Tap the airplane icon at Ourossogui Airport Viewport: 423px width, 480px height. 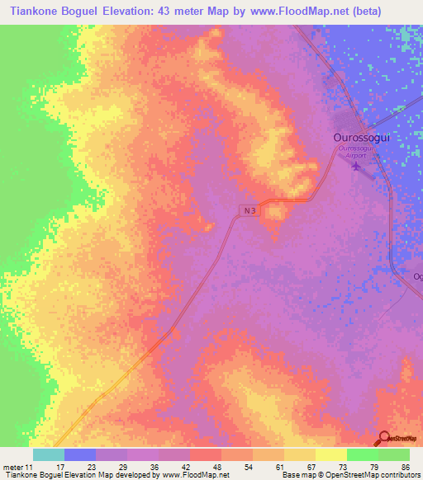[357, 167]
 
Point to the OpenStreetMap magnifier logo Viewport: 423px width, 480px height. [385, 439]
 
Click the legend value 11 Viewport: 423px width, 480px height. [30, 467]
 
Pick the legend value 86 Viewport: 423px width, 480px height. [405, 467]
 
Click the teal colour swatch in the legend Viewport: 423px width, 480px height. [48, 454]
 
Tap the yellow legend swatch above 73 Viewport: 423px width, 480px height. [330, 454]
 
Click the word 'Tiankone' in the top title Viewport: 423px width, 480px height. [30, 12]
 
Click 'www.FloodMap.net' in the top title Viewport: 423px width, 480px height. [315, 12]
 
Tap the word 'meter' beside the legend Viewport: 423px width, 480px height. [12, 467]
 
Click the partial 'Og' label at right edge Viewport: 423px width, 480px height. [417, 276]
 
